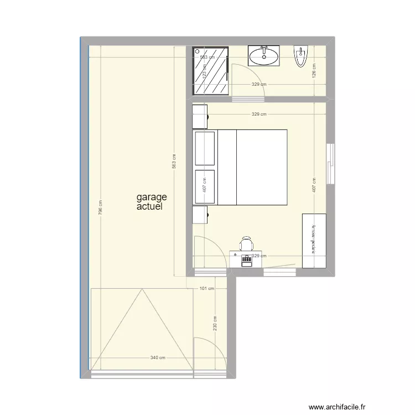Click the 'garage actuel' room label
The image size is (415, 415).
[151, 202]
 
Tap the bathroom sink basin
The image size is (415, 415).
[264, 56]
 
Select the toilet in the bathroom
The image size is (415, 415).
[301, 56]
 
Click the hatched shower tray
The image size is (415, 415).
[210, 70]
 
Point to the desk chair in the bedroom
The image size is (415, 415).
[246, 243]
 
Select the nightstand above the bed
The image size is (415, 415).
[199, 117]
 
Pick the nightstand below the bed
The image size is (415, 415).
[199, 214]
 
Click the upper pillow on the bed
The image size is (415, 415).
[204, 148]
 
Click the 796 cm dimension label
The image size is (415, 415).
[100, 207]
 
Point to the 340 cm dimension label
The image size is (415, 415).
[158, 357]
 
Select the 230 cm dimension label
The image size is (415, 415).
[214, 323]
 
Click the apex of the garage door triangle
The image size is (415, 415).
[141, 289]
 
